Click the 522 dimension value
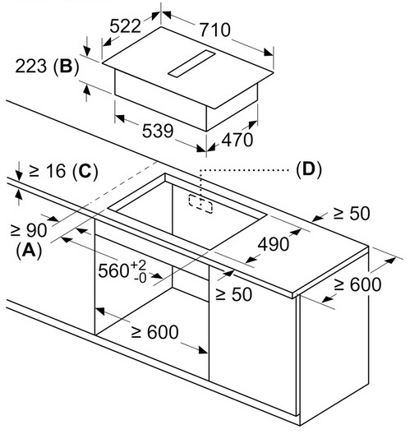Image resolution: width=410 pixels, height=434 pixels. (x=126, y=26)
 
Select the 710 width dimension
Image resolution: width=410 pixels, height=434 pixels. (x=215, y=30)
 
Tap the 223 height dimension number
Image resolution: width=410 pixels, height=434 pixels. (x=30, y=66)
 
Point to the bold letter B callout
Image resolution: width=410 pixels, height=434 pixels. (x=66, y=67)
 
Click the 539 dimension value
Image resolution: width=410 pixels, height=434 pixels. (x=158, y=131)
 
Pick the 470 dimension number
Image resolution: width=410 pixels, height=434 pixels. (x=237, y=140)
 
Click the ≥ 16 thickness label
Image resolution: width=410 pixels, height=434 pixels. (x=47, y=170)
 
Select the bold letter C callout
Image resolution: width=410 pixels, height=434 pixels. (x=85, y=170)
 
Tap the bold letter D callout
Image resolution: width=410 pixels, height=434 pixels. (x=309, y=169)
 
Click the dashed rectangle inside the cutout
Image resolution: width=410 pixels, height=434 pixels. (x=200, y=204)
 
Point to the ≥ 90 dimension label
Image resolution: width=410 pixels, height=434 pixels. (x=29, y=230)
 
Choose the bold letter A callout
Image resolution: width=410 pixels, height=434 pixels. (x=29, y=251)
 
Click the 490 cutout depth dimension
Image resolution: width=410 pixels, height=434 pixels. (x=274, y=244)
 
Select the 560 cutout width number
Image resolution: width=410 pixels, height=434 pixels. (x=113, y=270)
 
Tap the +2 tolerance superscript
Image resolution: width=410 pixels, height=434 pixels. (x=138, y=265)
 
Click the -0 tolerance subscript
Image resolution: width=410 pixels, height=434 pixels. (x=140, y=278)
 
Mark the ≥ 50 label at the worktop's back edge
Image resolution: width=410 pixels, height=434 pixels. (x=352, y=214)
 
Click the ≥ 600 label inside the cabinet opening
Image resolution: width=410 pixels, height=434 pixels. (x=154, y=331)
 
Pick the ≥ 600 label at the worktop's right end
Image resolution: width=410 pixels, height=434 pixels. (x=357, y=284)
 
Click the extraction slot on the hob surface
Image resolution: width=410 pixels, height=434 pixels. (x=191, y=63)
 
